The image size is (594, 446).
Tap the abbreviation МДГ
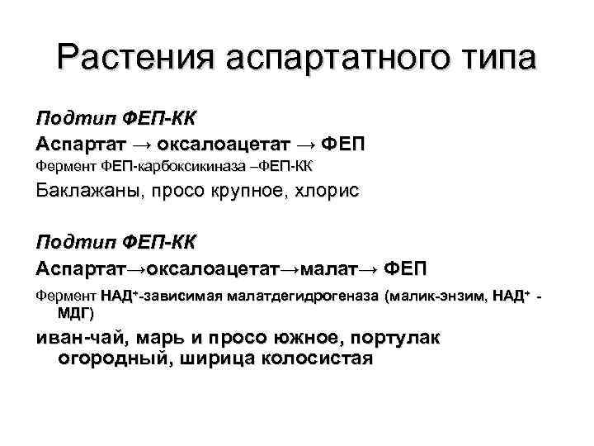pos(75,313)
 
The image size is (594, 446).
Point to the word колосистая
pos(316,359)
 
